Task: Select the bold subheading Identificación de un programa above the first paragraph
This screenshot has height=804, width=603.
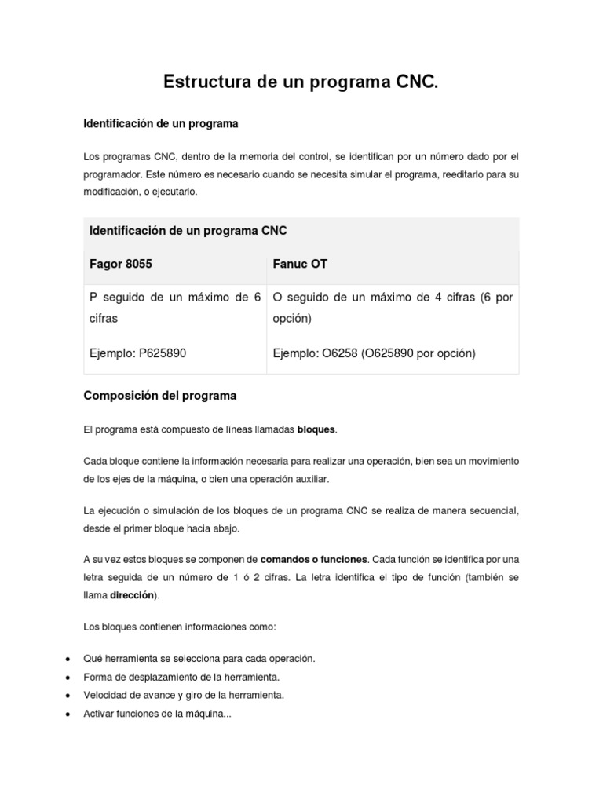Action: pyautogui.click(x=161, y=124)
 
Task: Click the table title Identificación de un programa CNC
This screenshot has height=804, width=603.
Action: pyautogui.click(x=188, y=230)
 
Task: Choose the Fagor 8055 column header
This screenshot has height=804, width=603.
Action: pyautogui.click(x=121, y=264)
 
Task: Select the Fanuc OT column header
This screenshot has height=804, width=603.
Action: pyautogui.click(x=300, y=264)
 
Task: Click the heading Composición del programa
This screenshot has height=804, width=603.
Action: pyautogui.click(x=159, y=396)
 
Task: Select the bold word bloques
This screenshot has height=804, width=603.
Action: pyautogui.click(x=316, y=429)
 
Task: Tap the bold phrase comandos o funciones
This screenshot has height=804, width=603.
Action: pyautogui.click(x=313, y=560)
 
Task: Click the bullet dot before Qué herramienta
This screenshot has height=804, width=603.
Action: pyautogui.click(x=69, y=658)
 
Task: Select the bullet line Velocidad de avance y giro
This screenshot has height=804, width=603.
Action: pyautogui.click(x=184, y=695)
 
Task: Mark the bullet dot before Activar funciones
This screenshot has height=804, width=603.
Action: pyautogui.click(x=69, y=714)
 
